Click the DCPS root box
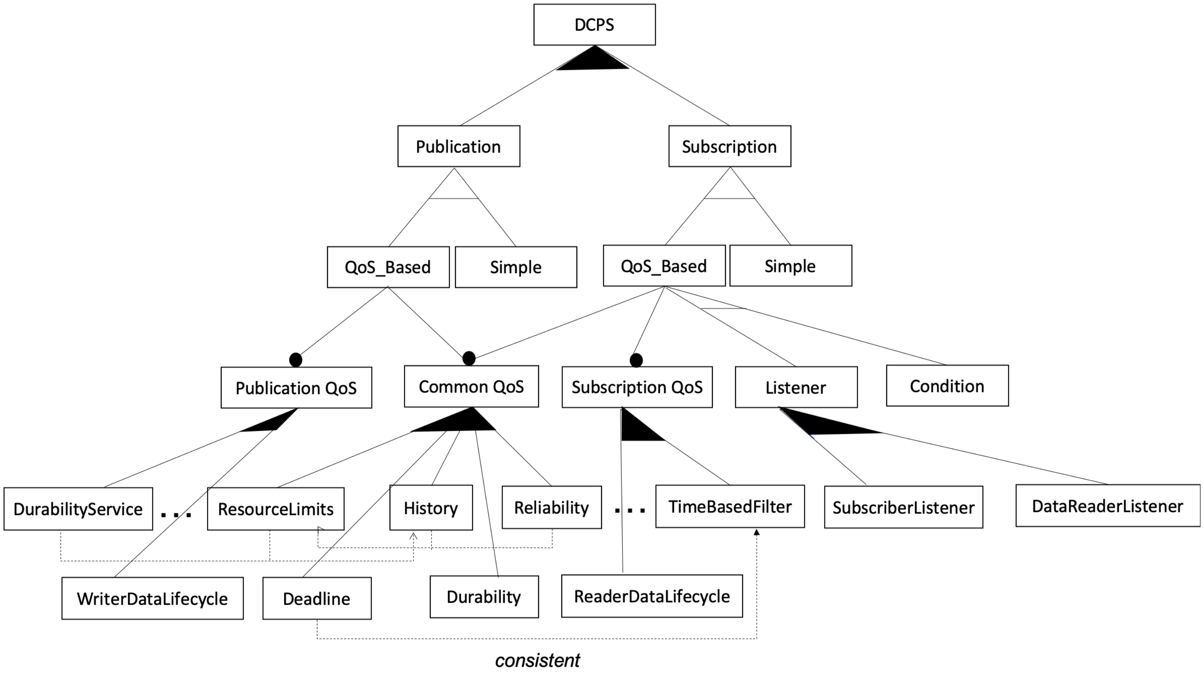(594, 25)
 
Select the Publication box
(458, 146)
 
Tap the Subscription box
(729, 146)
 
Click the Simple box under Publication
(516, 267)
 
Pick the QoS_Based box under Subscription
(664, 266)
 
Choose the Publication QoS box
(296, 388)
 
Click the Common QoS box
(471, 386)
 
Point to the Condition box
(947, 386)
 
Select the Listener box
(796, 387)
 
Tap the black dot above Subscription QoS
(636, 360)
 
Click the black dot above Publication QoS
(296, 360)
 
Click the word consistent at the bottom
(537, 660)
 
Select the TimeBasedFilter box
(730, 507)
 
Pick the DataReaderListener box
(1107, 506)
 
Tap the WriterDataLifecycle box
(152, 599)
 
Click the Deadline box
(317, 599)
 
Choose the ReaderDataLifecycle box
(652, 596)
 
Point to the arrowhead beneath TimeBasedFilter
(757, 532)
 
